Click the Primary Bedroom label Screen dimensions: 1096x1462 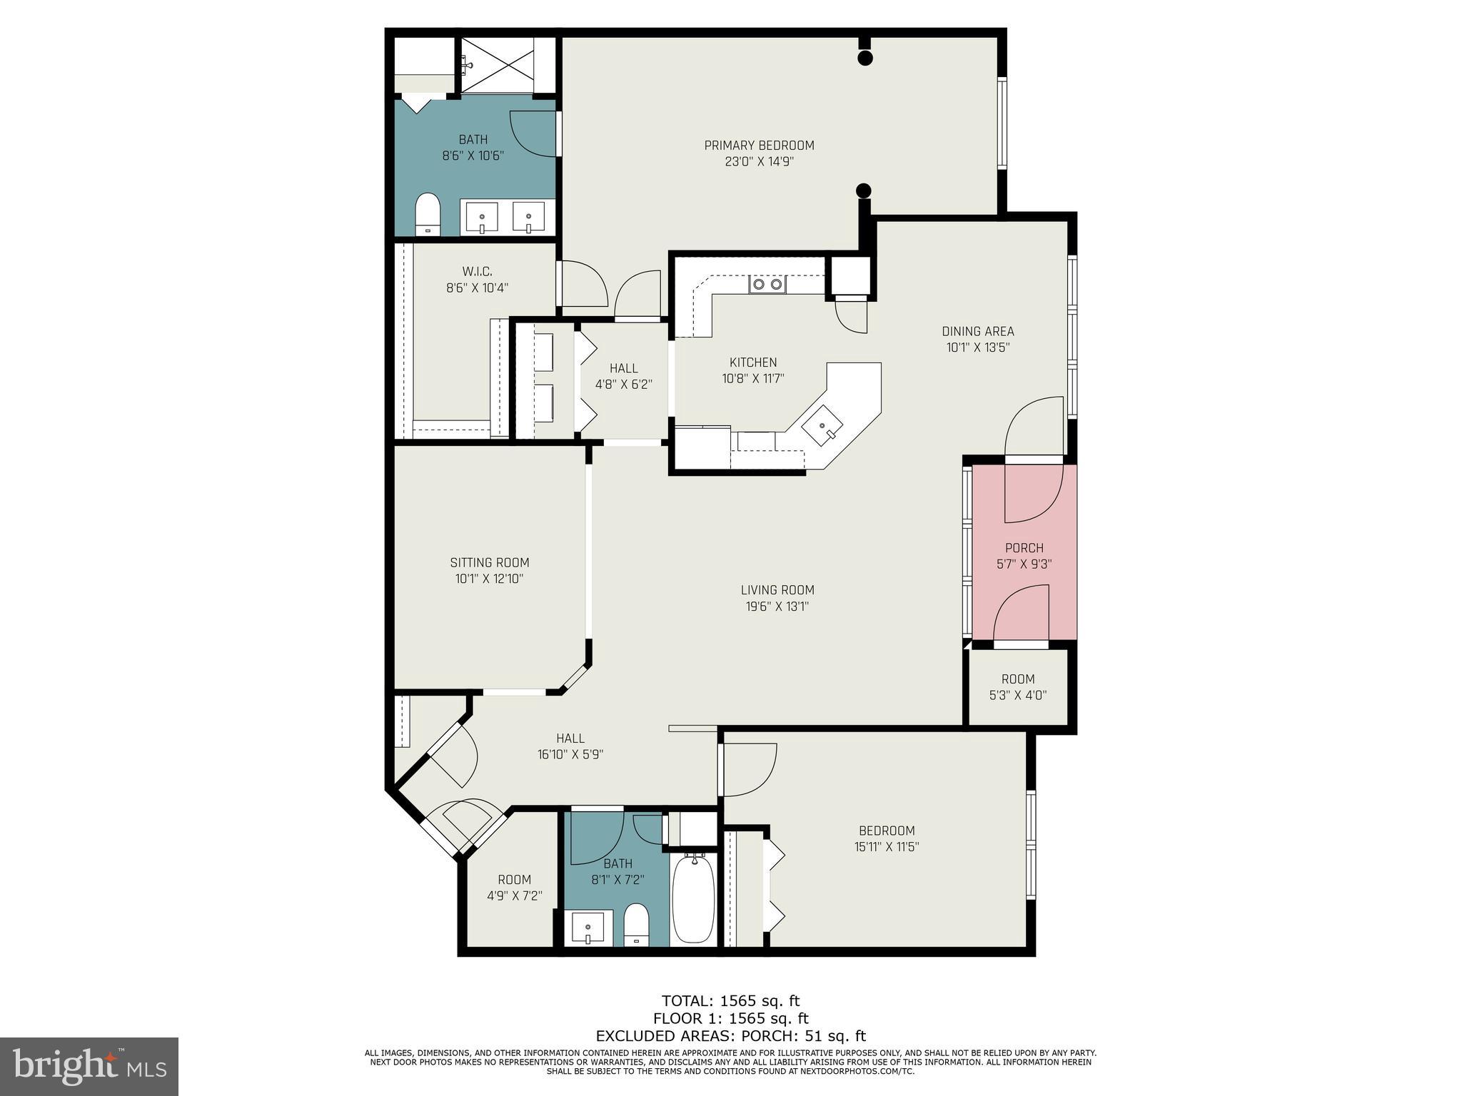[759, 146]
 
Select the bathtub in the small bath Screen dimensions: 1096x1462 [692, 899]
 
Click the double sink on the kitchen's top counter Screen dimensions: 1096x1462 [767, 285]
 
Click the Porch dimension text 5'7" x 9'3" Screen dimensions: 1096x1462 [1024, 564]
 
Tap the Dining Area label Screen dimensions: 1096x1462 [977, 331]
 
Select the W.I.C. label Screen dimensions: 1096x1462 [477, 271]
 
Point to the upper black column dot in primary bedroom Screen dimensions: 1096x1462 [864, 59]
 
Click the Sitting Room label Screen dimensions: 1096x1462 [490, 562]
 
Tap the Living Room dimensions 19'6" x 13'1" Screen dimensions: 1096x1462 [777, 607]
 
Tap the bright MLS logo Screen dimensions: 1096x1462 [89, 1066]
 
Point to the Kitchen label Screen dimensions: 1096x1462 [752, 362]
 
